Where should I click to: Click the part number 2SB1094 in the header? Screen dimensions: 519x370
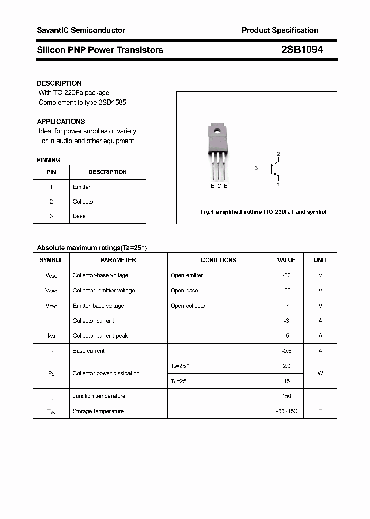pyautogui.click(x=302, y=50)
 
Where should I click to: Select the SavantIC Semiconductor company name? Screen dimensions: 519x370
pyautogui.click(x=81, y=30)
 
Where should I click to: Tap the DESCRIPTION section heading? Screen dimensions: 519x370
pyautogui.click(x=59, y=83)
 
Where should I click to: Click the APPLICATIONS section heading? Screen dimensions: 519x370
pyautogui.click(x=61, y=122)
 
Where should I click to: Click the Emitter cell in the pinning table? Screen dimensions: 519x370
pyautogui.click(x=82, y=187)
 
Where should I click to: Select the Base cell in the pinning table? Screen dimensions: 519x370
pyautogui.click(x=79, y=216)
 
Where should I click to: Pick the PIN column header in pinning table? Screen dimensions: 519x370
pyautogui.click(x=51, y=172)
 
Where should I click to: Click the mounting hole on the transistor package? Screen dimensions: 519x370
pyautogui.click(x=217, y=131)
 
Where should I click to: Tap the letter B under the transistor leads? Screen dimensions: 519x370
pyautogui.click(x=213, y=186)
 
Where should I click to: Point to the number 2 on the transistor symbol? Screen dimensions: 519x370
pyautogui.click(x=278, y=154)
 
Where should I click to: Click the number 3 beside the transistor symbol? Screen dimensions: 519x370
pyautogui.click(x=256, y=168)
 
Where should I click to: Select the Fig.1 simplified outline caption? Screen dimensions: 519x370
pyautogui.click(x=263, y=212)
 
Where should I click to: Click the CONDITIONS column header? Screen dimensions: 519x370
pyautogui.click(x=218, y=260)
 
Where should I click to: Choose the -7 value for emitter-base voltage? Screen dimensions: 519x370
pyautogui.click(x=286, y=306)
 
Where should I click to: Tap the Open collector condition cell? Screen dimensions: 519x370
pyautogui.click(x=189, y=306)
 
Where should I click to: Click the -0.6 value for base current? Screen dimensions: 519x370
pyautogui.click(x=286, y=351)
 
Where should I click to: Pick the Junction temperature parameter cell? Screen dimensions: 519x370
pyautogui.click(x=99, y=396)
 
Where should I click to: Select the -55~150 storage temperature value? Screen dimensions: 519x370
pyautogui.click(x=286, y=411)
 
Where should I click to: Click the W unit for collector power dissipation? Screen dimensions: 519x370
pyautogui.click(x=320, y=373)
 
